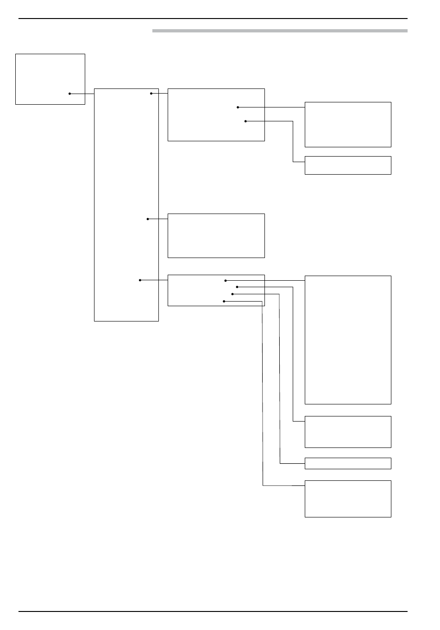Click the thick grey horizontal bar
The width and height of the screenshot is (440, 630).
coord(280,31)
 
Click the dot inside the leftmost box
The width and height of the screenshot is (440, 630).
coord(70,94)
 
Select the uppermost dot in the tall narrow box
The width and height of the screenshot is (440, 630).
coord(151,93)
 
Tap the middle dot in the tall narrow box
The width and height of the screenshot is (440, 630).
coord(148,219)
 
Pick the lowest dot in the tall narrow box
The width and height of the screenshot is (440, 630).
coord(140,280)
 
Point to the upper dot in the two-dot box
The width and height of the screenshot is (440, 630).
coord(238,107)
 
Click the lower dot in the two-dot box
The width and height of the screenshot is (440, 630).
coord(245,121)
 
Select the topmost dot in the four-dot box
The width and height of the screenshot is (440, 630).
coord(226,280)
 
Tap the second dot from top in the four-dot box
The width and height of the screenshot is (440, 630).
coord(237,287)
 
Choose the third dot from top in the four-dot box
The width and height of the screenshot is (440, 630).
coord(232,294)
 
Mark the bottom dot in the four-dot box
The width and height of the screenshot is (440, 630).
coord(224,301)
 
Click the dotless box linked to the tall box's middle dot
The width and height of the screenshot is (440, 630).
coord(216,235)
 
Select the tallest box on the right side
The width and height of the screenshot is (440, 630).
coord(347,340)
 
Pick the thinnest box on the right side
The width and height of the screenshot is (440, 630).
coord(347,463)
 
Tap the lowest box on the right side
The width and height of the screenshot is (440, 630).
coord(347,498)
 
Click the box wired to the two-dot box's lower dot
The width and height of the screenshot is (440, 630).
coord(347,165)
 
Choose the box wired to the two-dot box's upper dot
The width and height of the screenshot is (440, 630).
coord(347,124)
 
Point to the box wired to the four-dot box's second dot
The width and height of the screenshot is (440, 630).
coord(347,432)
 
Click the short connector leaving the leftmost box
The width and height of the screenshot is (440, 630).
coord(89,94)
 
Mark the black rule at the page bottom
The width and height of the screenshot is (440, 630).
coord(213,611)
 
